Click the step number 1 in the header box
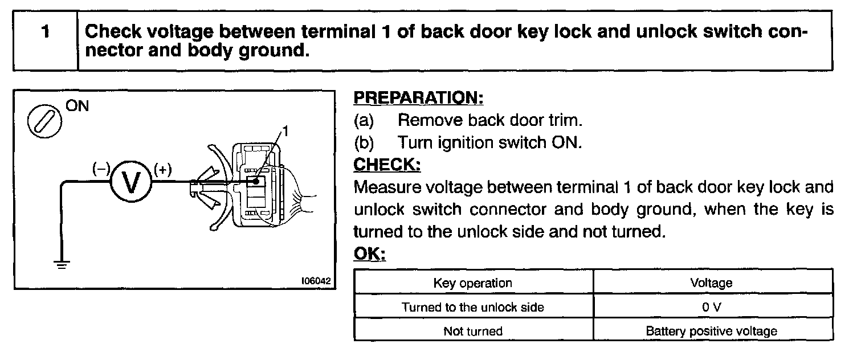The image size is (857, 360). [44, 32]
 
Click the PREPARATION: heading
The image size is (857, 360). [418, 98]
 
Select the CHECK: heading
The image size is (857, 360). [387, 165]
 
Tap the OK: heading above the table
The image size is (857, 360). [369, 254]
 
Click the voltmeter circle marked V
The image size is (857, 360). [131, 182]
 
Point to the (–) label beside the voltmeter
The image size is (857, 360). [101, 169]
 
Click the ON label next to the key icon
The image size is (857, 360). [78, 107]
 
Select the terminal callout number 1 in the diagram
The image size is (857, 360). [285, 132]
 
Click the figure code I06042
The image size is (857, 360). [316, 281]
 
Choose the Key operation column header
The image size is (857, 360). [473, 283]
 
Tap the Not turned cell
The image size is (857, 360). [473, 331]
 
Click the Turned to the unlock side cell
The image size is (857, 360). [473, 307]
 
